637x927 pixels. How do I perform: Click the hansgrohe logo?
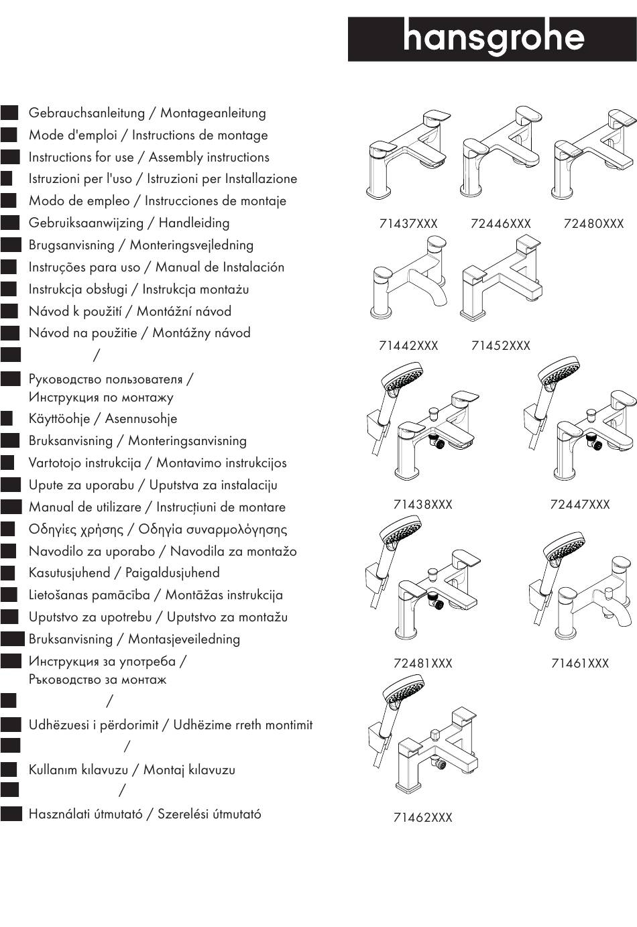click(x=492, y=40)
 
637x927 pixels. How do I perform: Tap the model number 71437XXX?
click(x=408, y=224)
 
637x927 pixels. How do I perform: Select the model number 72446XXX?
click(x=500, y=224)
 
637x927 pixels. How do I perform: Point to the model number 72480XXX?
click(x=593, y=224)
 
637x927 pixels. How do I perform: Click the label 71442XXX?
click(x=408, y=346)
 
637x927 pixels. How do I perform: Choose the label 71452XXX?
click(x=500, y=346)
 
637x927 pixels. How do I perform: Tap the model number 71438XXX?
click(x=422, y=505)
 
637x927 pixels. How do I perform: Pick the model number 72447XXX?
click(x=579, y=505)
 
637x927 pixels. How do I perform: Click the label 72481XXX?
click(x=422, y=664)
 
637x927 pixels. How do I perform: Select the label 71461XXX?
click(x=579, y=664)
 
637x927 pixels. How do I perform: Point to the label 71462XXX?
click(x=422, y=818)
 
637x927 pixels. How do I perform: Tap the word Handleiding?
click(x=194, y=223)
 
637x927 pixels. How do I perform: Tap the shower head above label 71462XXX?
click(x=402, y=690)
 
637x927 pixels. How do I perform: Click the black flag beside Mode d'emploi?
click(x=9, y=135)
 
